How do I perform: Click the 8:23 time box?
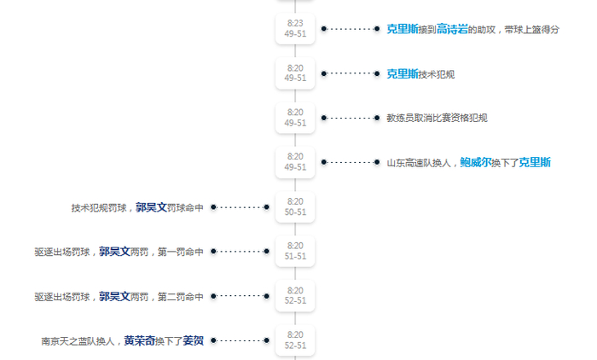[295, 29]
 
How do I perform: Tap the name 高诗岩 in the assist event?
[452, 29]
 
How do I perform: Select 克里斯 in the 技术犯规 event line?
[402, 74]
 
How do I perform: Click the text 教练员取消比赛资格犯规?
[437, 118]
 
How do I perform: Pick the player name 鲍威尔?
[475, 162]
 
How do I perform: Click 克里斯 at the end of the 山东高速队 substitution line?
[535, 162]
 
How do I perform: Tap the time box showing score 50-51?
[295, 206]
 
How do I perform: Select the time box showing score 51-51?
[295, 251]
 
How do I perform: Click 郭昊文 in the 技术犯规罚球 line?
[151, 207]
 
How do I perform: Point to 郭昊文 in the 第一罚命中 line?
[114, 252]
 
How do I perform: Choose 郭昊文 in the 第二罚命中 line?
[114, 296]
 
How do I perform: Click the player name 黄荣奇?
[139, 340]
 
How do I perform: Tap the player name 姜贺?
[194, 340]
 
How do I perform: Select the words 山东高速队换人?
[419, 162]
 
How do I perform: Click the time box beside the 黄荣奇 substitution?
[295, 340]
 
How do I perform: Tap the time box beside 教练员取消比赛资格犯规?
[295, 118]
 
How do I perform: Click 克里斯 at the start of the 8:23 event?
[402, 29]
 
